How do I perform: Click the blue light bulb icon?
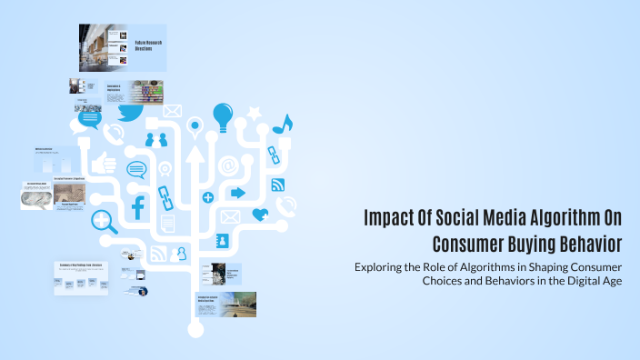(x=224, y=116)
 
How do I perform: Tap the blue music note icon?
(x=285, y=125)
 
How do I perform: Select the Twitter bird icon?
(x=129, y=115)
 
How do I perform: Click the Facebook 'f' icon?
(x=139, y=208)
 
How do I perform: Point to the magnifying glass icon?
(x=104, y=220)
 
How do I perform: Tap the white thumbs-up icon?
(x=106, y=163)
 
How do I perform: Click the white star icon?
(x=255, y=114)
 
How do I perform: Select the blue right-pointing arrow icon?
(x=238, y=193)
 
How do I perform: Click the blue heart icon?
(x=260, y=215)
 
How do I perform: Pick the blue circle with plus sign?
(x=208, y=196)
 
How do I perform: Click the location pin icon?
(x=193, y=125)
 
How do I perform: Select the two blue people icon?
(x=156, y=139)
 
